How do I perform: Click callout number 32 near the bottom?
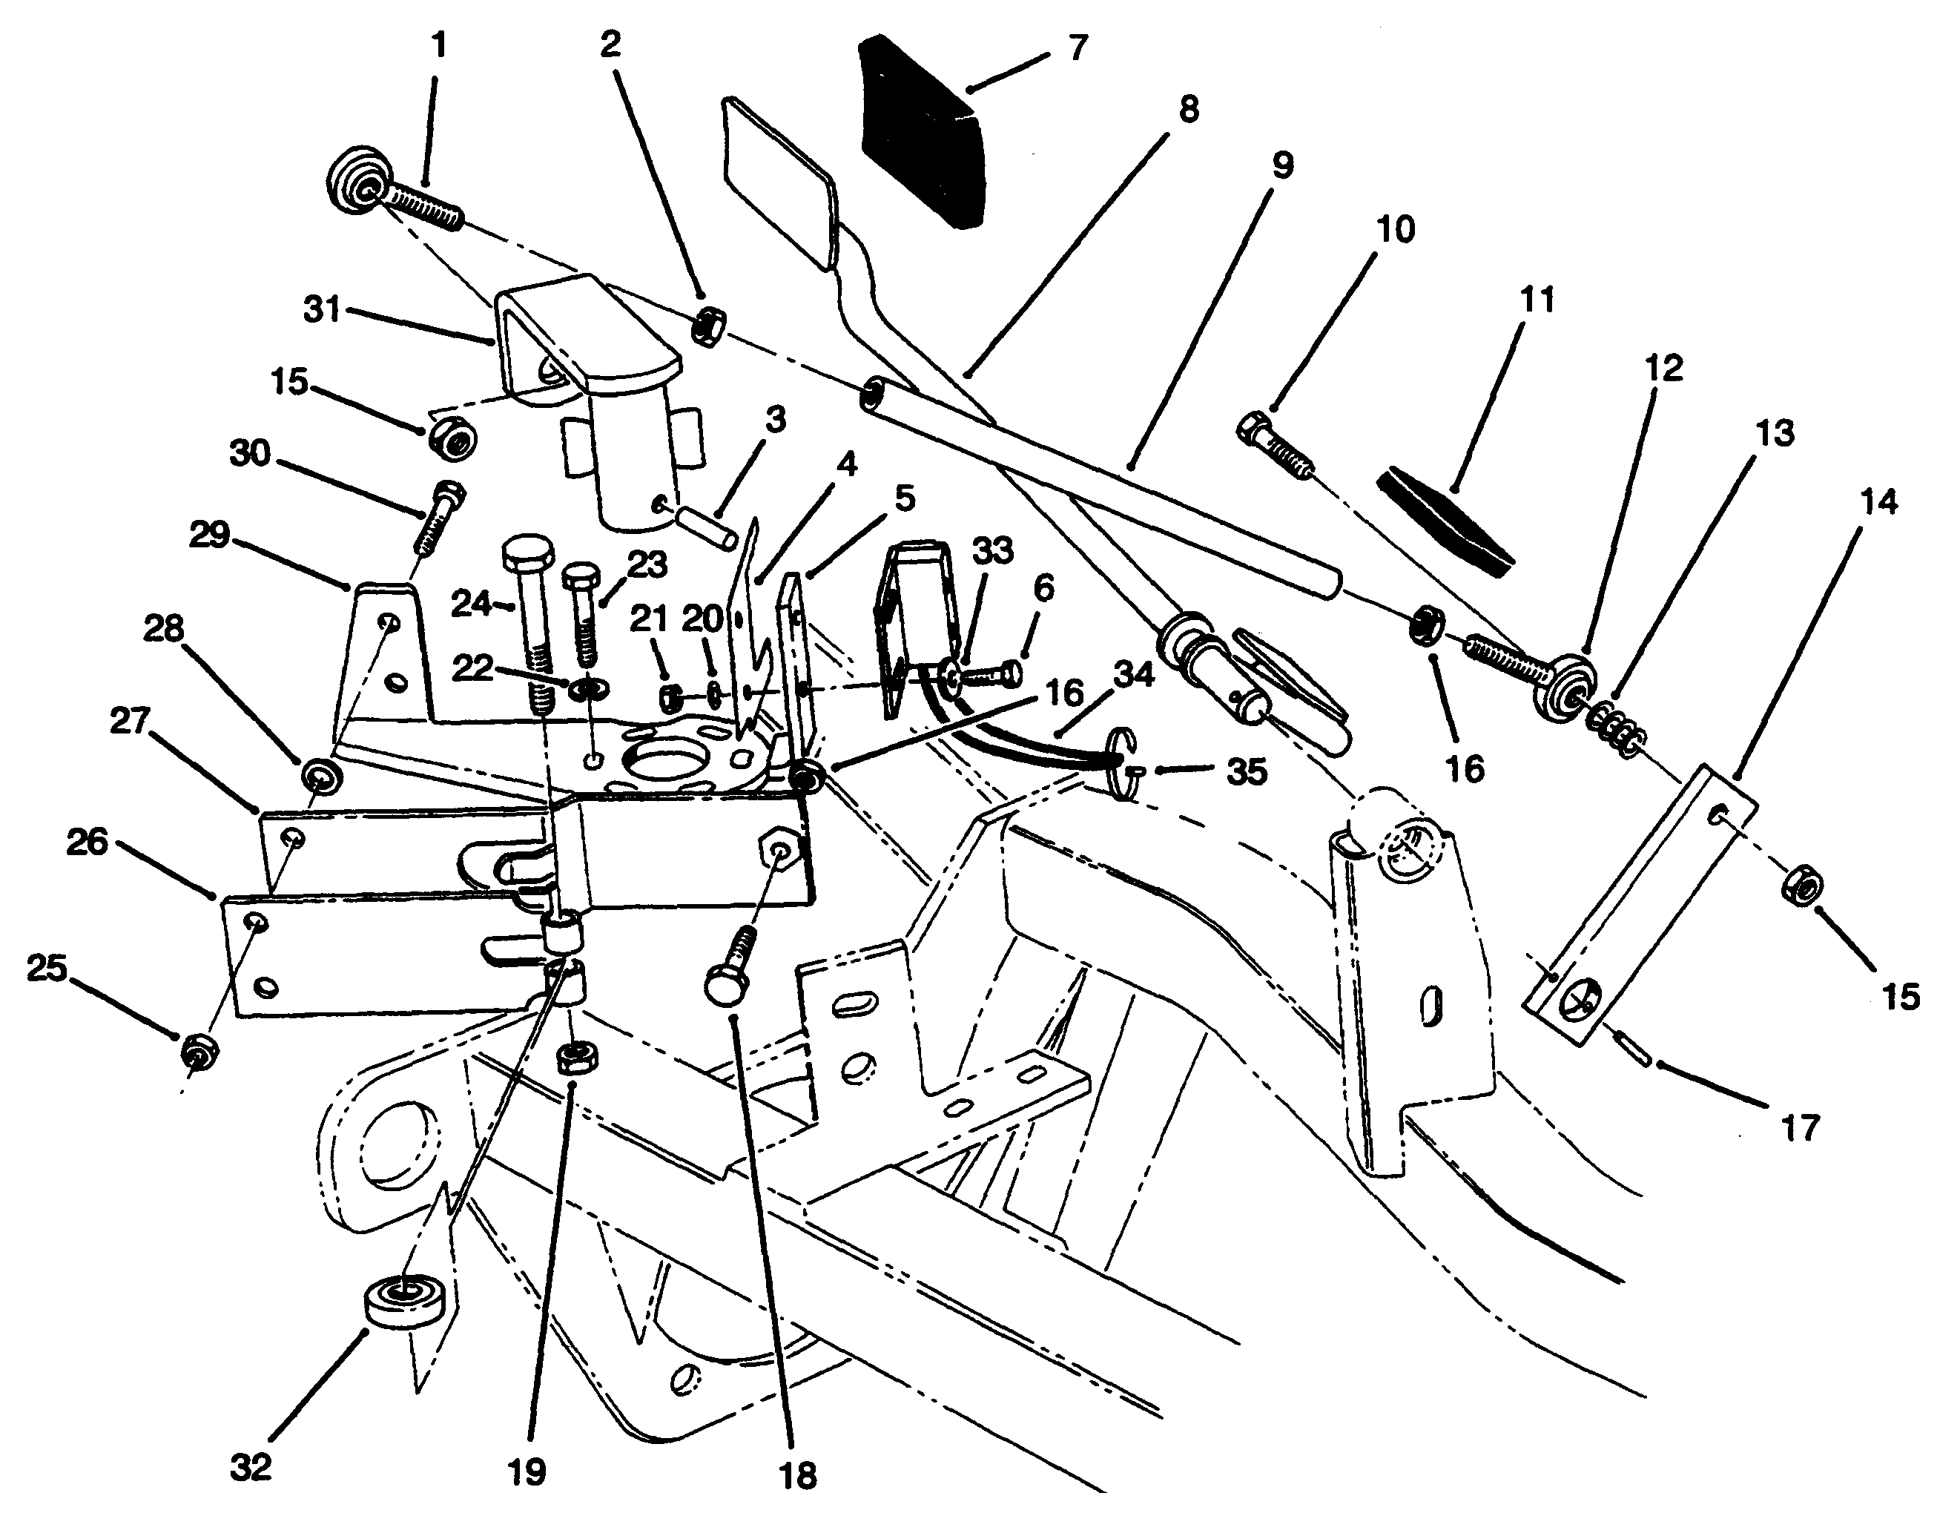251,1468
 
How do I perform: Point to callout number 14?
1879,503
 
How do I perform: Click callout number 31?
322,311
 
